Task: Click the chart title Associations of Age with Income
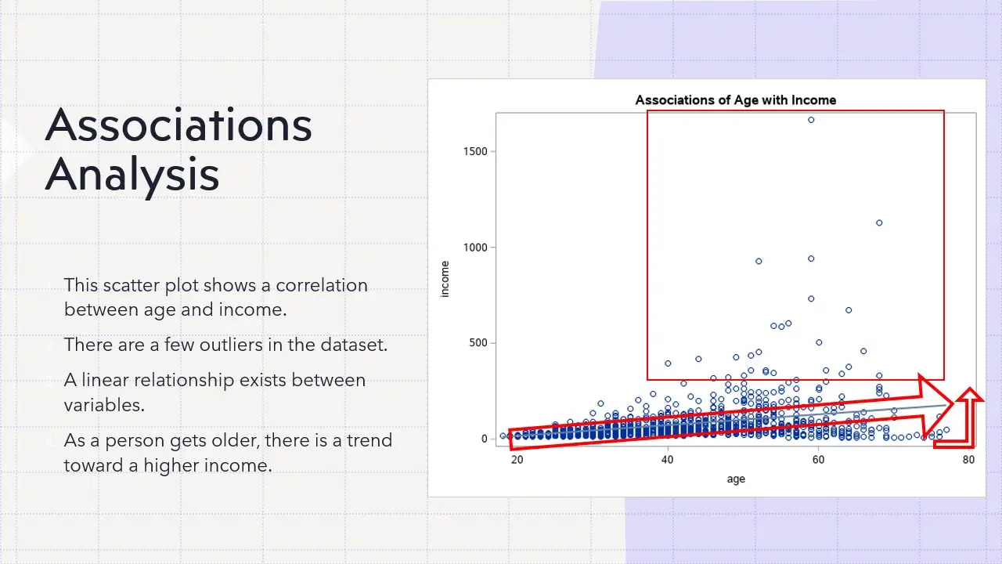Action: pyautogui.click(x=735, y=100)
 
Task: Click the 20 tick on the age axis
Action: pyautogui.click(x=517, y=460)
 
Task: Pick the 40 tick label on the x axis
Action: pyautogui.click(x=667, y=460)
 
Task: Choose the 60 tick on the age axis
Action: pyautogui.click(x=818, y=460)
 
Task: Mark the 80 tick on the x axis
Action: pyautogui.click(x=968, y=460)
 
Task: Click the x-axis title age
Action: pyautogui.click(x=736, y=479)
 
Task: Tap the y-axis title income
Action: pyautogui.click(x=445, y=279)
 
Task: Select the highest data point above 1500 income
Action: pyautogui.click(x=811, y=120)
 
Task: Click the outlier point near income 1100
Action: pyautogui.click(x=879, y=222)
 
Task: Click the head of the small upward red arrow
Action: pyautogui.click(x=971, y=396)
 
